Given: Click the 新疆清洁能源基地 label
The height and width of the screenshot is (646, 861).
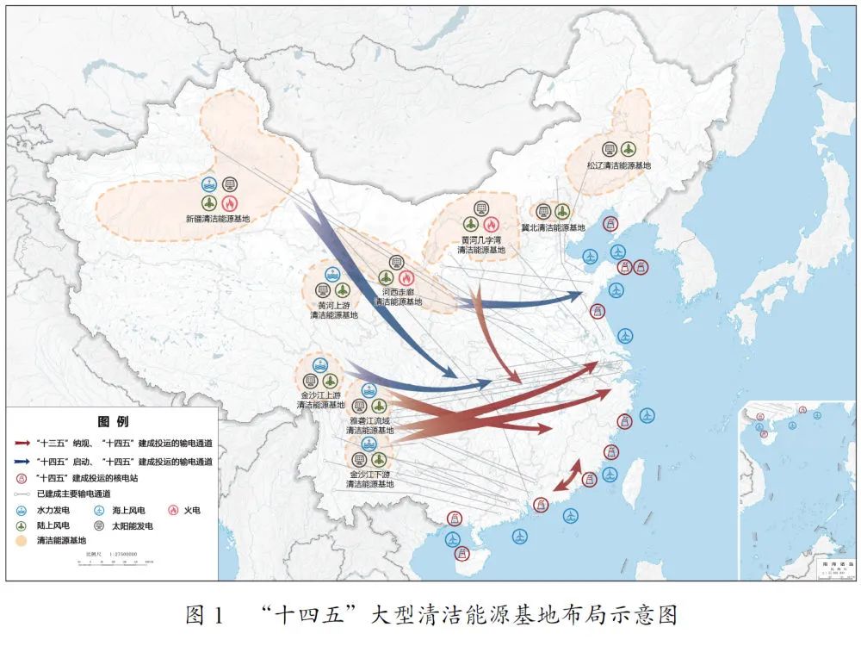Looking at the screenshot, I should click(x=218, y=219).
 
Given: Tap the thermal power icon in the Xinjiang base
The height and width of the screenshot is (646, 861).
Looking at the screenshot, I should click(x=229, y=202).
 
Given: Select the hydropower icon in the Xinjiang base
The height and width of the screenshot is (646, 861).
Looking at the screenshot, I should click(x=209, y=183).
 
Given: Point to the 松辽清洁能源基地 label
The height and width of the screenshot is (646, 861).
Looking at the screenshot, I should click(x=619, y=165).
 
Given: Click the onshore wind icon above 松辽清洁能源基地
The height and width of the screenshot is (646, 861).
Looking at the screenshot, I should click(x=629, y=149).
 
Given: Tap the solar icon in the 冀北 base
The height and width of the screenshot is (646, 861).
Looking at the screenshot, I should click(x=543, y=211).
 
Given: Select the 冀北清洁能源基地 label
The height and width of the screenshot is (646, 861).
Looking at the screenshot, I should click(x=553, y=228).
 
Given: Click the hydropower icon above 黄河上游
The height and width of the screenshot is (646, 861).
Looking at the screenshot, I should click(x=332, y=273).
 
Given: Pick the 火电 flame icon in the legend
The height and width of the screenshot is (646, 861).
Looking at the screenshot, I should click(x=172, y=510).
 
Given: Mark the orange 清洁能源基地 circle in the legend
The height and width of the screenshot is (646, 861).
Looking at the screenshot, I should click(x=22, y=541).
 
